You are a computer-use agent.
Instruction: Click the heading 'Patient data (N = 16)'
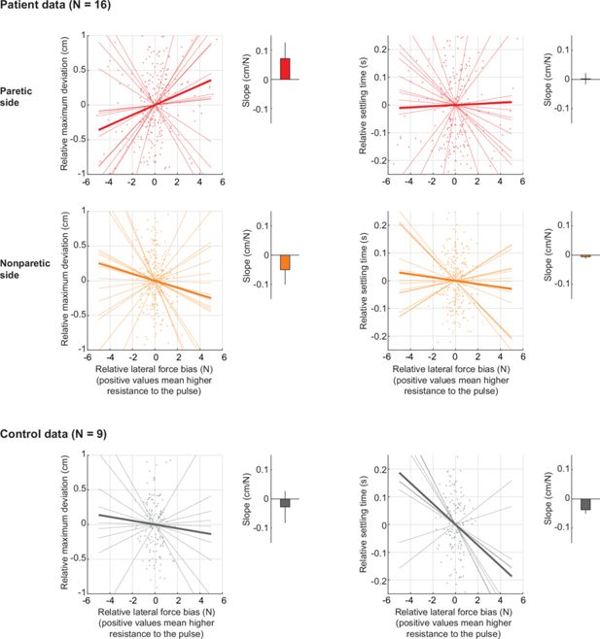(56, 9)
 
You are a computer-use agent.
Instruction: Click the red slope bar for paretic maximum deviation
(285, 68)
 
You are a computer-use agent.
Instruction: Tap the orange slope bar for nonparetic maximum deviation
(285, 262)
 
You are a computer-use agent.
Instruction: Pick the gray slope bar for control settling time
(585, 504)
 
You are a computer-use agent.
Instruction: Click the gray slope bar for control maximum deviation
(285, 503)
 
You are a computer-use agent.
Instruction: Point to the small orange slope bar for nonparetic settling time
(585, 255)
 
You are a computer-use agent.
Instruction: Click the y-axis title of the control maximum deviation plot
(65, 524)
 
